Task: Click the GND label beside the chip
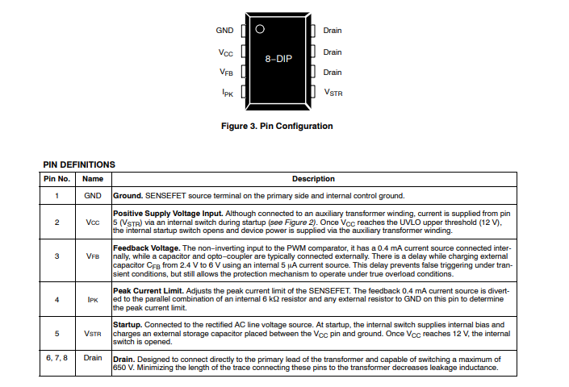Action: [x=224, y=31]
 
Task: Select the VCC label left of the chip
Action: [x=226, y=52]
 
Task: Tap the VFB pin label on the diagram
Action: [x=226, y=73]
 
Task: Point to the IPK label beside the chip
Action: [x=228, y=93]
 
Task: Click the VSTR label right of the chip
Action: [x=333, y=93]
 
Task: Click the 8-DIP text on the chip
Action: [x=278, y=60]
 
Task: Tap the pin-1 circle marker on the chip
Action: [x=259, y=30]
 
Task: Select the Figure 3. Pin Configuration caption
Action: [x=277, y=126]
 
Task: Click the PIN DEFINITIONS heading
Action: [x=79, y=164]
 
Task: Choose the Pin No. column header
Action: [x=56, y=179]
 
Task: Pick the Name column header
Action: [x=93, y=179]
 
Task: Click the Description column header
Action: [x=313, y=179]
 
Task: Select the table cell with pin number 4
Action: [x=56, y=298]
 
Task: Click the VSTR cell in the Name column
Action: [x=93, y=332]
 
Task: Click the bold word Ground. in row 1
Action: [x=128, y=195]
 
